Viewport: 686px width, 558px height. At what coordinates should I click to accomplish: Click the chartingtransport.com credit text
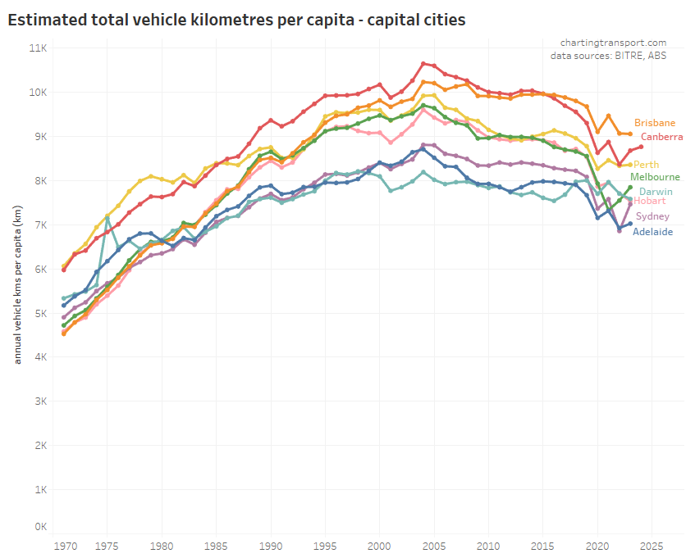point(613,43)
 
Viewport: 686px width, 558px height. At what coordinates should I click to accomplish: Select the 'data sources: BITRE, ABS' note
point(608,56)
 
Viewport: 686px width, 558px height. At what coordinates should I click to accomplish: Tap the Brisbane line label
point(655,123)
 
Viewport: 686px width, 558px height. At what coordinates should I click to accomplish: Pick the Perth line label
point(646,165)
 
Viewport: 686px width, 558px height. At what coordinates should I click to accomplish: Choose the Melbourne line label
point(654,177)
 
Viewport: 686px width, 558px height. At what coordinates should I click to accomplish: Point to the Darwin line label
point(656,191)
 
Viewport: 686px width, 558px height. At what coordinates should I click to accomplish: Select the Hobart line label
point(650,202)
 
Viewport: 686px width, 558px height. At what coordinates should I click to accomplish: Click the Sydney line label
point(652,216)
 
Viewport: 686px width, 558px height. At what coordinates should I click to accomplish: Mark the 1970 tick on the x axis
point(64,545)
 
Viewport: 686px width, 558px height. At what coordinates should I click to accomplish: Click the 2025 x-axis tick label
point(651,545)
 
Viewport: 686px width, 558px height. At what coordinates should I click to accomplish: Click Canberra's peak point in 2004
point(423,63)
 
